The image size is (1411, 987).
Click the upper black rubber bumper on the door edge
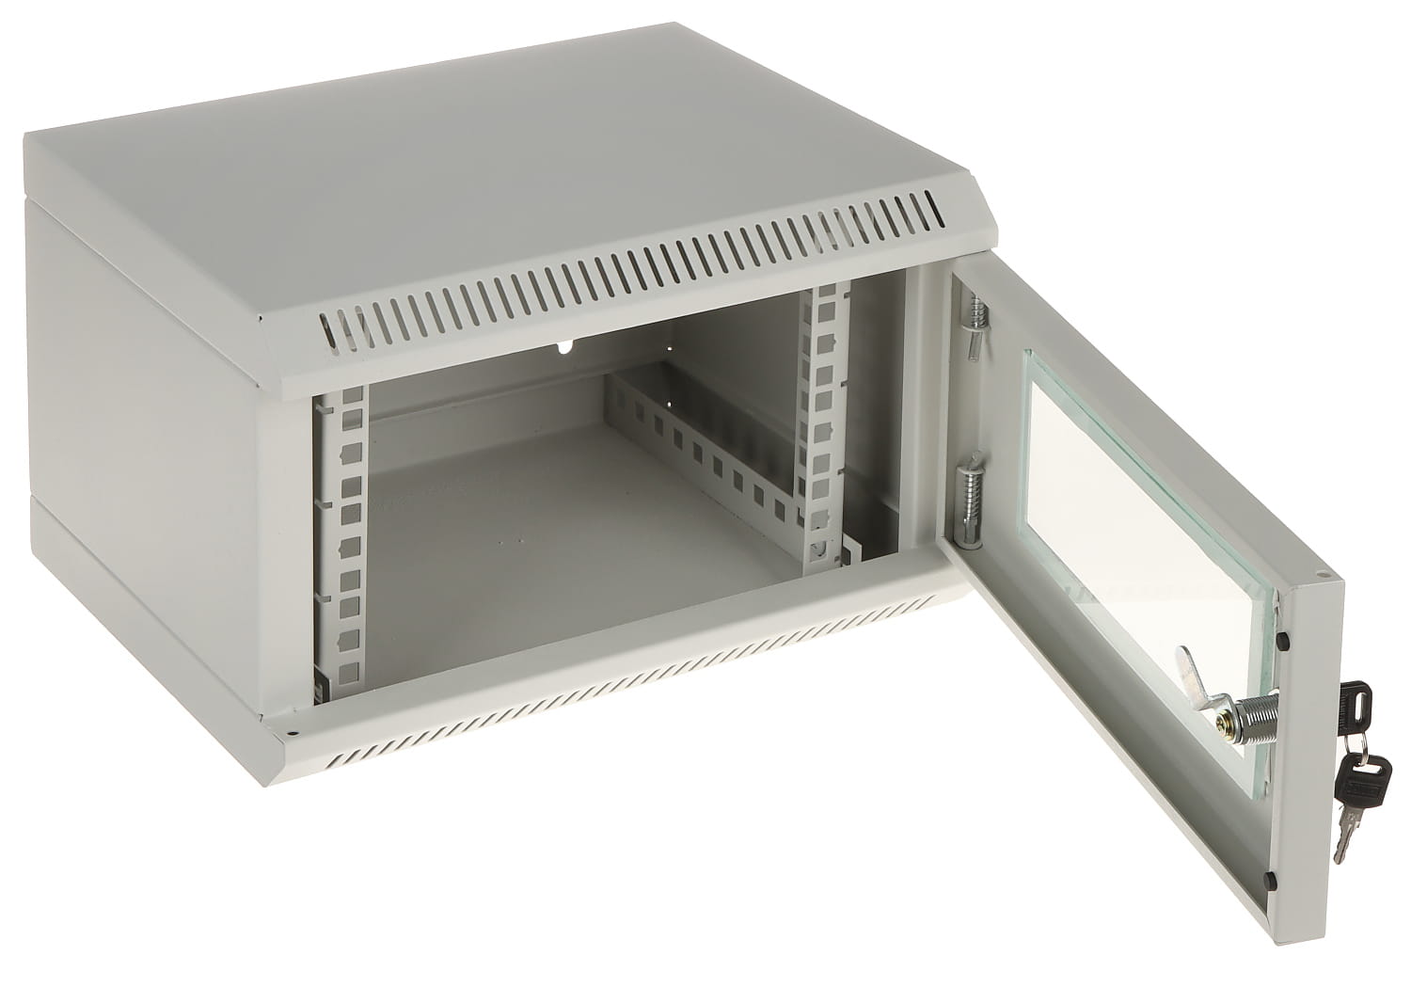[1283, 641]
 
